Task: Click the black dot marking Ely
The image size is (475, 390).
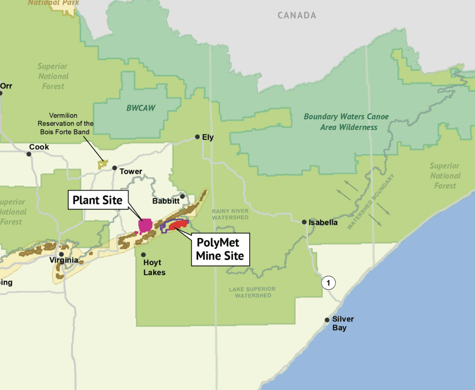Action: pyautogui.click(x=197, y=137)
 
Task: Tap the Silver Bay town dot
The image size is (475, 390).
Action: pyautogui.click(x=327, y=320)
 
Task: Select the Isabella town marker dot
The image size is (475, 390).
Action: pyautogui.click(x=304, y=222)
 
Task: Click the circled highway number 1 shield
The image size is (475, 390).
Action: pyautogui.click(x=328, y=282)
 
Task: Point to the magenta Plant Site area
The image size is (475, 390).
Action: pyautogui.click(x=146, y=225)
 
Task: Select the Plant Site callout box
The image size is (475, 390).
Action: pyautogui.click(x=97, y=200)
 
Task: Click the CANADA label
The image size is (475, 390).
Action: pyautogui.click(x=297, y=15)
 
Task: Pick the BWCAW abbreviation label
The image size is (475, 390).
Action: pyautogui.click(x=141, y=108)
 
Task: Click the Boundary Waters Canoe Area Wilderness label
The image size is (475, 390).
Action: pyautogui.click(x=346, y=121)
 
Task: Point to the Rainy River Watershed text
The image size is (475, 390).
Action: pyautogui.click(x=231, y=214)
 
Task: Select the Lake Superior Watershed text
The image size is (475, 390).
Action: pyautogui.click(x=253, y=292)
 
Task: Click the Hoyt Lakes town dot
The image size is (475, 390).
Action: pyautogui.click(x=143, y=255)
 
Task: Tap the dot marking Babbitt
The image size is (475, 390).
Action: pyautogui.click(x=182, y=196)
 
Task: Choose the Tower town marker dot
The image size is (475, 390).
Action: pyautogui.click(x=115, y=167)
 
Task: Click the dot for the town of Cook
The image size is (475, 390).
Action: pyautogui.click(x=29, y=153)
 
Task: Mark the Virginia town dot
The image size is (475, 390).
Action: pyautogui.click(x=61, y=254)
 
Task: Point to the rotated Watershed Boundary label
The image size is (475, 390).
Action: pyautogui.click(x=371, y=201)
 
